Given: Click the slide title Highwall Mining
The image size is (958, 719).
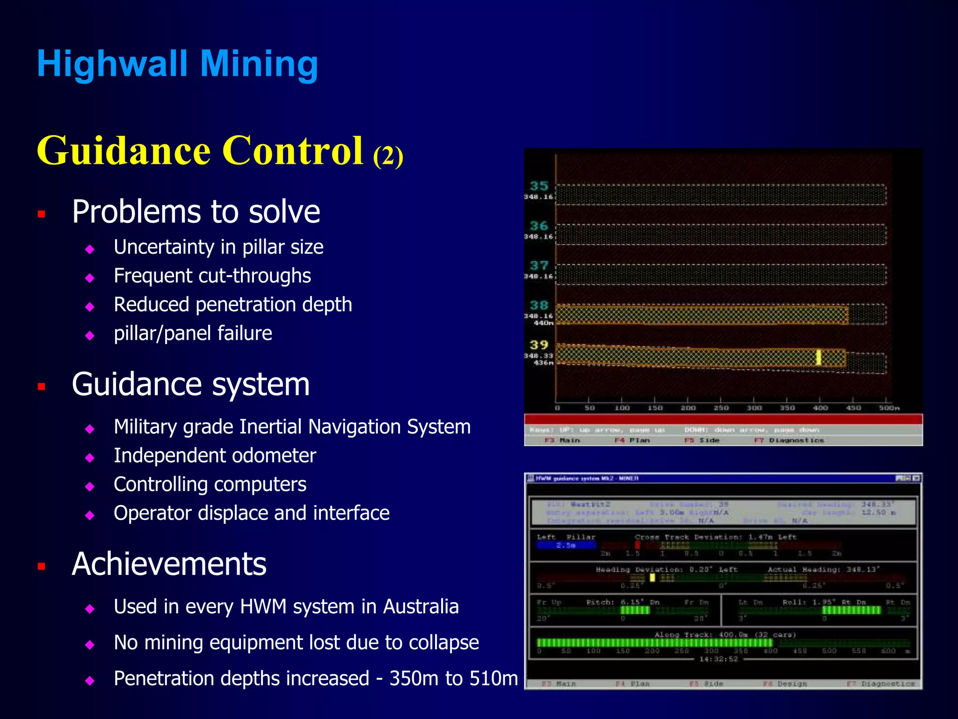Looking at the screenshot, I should click(177, 64).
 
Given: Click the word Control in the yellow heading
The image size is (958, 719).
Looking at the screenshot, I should click(293, 151).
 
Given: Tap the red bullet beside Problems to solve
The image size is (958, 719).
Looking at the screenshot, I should click(42, 214).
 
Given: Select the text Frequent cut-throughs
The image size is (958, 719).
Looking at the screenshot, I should click(212, 276).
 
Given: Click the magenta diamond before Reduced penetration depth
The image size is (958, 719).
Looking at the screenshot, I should click(90, 307).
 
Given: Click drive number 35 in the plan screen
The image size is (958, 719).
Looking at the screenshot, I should click(538, 186).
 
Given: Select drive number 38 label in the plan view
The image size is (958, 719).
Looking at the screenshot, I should click(538, 305).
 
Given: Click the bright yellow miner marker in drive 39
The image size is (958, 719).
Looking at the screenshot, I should click(819, 357).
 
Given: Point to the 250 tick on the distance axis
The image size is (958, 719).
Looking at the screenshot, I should click(720, 408).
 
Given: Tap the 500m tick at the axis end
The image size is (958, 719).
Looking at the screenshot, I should click(888, 408).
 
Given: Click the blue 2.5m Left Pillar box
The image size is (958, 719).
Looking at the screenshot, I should click(566, 545).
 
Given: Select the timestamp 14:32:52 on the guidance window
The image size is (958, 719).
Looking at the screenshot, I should click(718, 659).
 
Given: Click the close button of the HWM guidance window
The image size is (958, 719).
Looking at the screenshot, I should click(916, 478).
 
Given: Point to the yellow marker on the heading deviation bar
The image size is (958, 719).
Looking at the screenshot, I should click(652, 578).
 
